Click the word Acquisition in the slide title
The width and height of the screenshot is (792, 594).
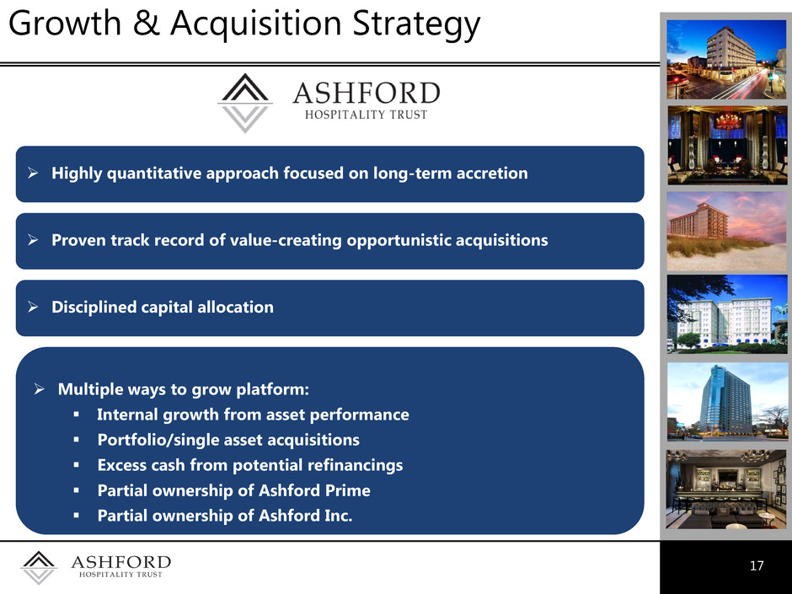[256, 24]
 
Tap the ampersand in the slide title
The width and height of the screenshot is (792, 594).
[146, 24]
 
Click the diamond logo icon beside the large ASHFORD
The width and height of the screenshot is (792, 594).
[245, 103]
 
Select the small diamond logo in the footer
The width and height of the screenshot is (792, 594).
[39, 567]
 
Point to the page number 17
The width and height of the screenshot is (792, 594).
[757, 565]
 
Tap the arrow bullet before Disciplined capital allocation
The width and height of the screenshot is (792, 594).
[34, 307]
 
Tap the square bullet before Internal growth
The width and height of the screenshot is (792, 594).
[77, 415]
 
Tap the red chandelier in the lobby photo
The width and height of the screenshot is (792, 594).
[728, 121]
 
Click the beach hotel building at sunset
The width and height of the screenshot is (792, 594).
[698, 221]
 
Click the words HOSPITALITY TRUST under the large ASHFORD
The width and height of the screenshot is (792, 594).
[367, 115]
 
